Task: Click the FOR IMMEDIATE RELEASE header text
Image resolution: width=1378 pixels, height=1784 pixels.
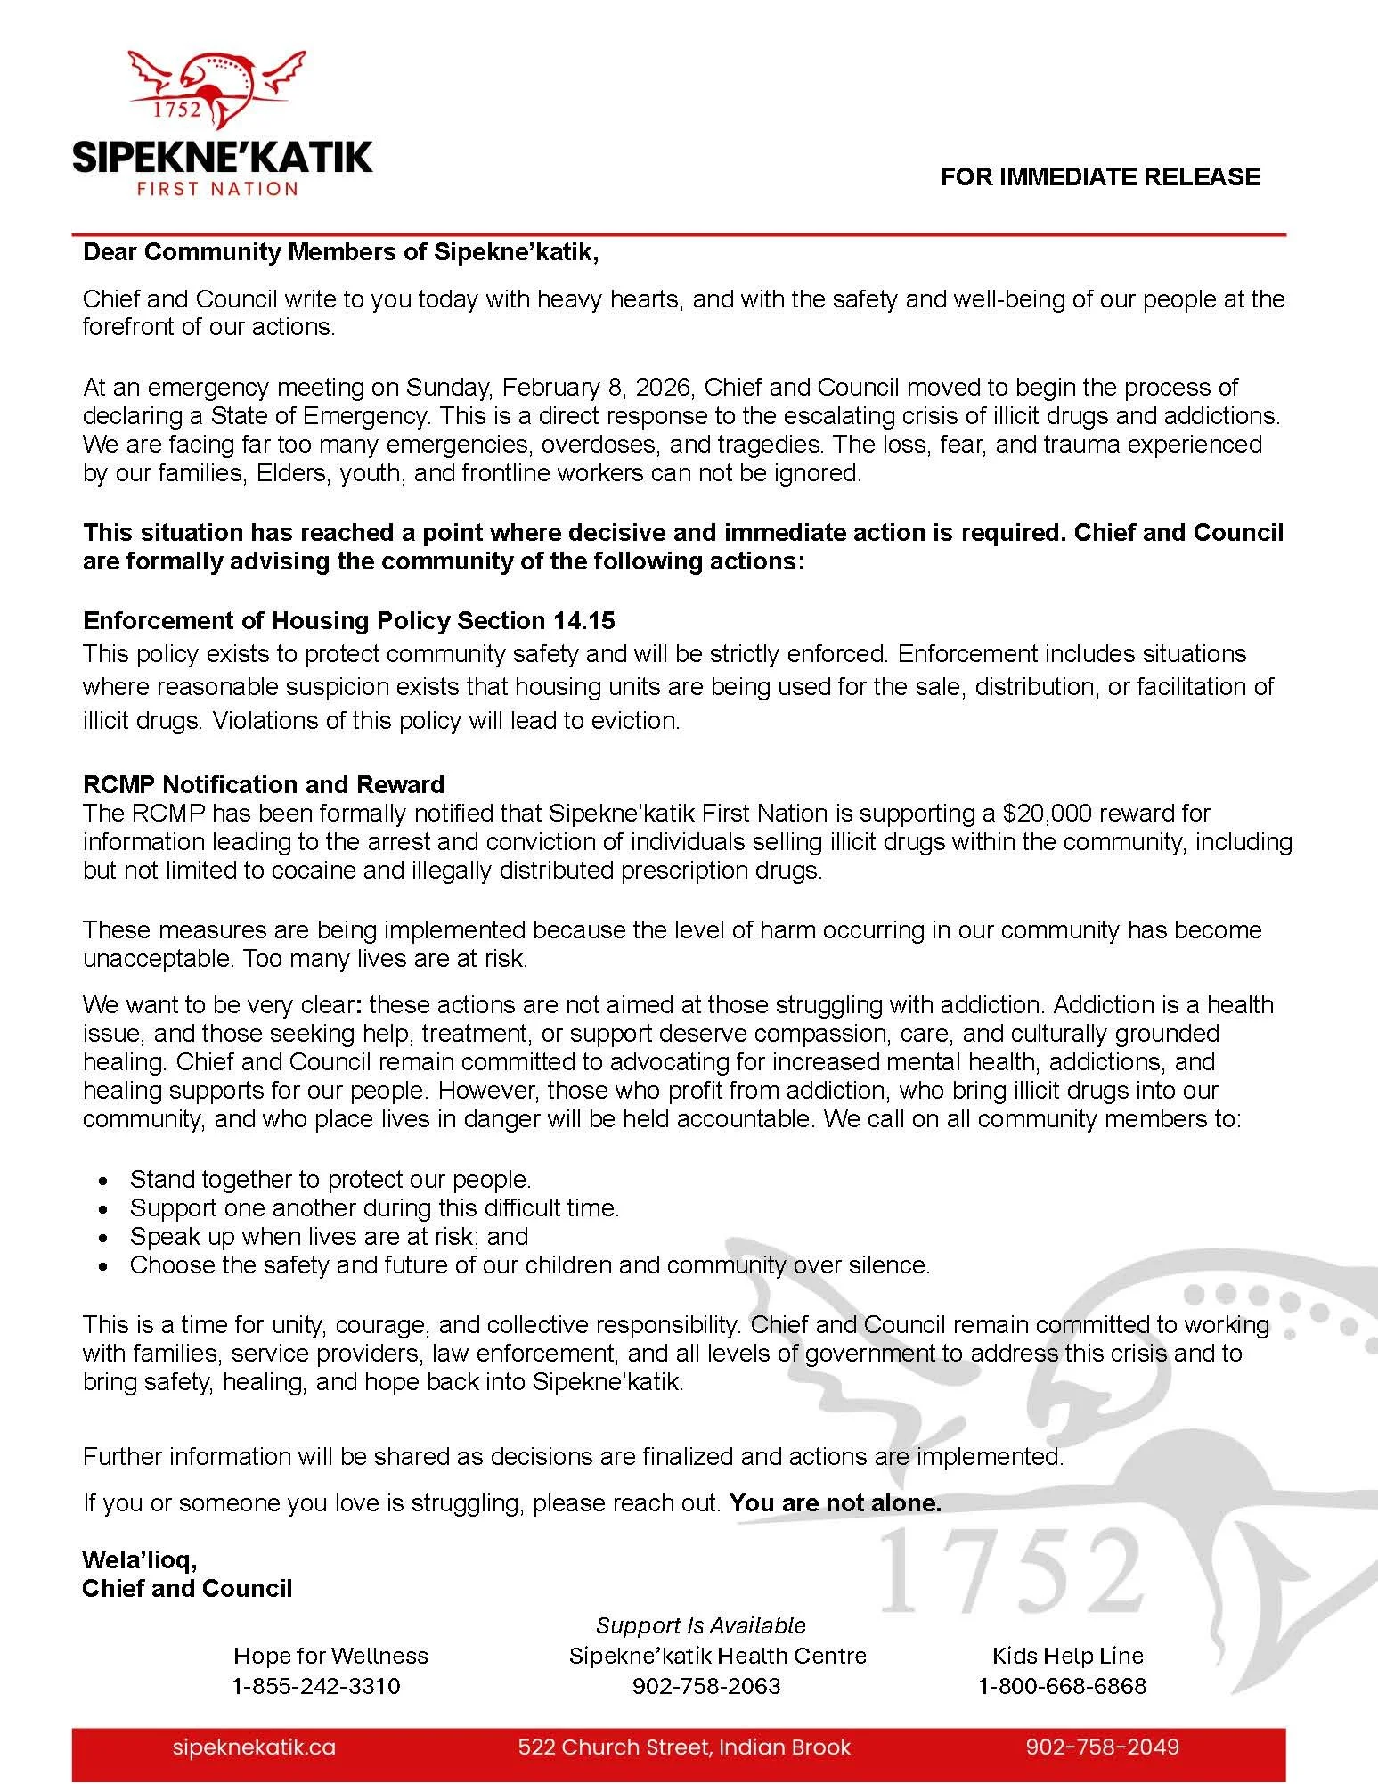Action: (x=1100, y=176)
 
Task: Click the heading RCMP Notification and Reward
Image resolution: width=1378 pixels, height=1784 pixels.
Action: (x=263, y=784)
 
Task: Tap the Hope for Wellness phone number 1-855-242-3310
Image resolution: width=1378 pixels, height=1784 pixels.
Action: (x=316, y=1686)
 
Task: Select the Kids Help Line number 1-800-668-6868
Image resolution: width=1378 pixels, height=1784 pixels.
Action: (x=1062, y=1686)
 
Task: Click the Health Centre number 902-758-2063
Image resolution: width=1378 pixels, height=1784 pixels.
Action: (x=706, y=1686)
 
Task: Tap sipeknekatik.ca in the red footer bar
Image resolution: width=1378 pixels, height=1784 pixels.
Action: (x=254, y=1747)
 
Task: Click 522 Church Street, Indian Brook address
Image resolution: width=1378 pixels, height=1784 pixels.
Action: (x=684, y=1747)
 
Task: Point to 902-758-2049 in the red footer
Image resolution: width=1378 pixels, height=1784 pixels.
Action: (x=1102, y=1747)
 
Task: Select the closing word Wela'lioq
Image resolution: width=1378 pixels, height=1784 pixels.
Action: (x=139, y=1559)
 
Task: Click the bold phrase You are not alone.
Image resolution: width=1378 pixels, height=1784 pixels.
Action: (x=835, y=1503)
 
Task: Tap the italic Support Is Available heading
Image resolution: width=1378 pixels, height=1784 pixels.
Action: (x=700, y=1625)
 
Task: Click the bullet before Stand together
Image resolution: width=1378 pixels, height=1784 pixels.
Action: (x=105, y=1181)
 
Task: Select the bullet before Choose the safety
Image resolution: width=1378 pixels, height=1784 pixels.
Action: (x=105, y=1266)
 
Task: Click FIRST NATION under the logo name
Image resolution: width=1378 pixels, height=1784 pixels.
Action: (x=216, y=189)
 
